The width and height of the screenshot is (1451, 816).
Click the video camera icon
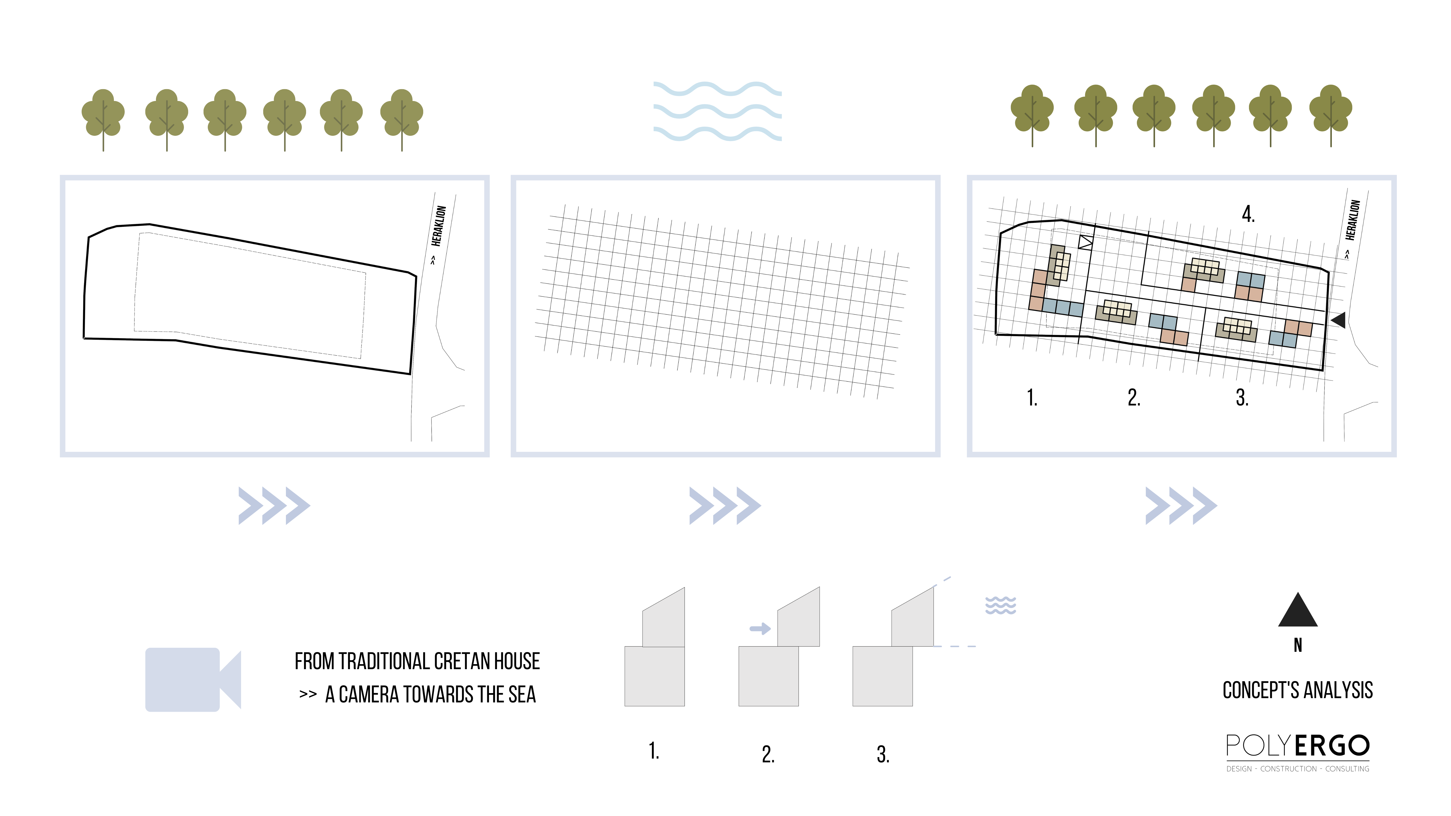point(193,679)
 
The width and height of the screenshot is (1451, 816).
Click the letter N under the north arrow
point(1298,645)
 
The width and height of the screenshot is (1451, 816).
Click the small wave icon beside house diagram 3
point(1000,605)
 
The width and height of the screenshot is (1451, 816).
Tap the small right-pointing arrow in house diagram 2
point(760,628)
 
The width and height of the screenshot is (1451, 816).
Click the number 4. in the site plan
point(1248,214)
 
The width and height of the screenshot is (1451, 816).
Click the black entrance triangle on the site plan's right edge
point(1339,320)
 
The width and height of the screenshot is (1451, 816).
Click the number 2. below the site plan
point(1134,398)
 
